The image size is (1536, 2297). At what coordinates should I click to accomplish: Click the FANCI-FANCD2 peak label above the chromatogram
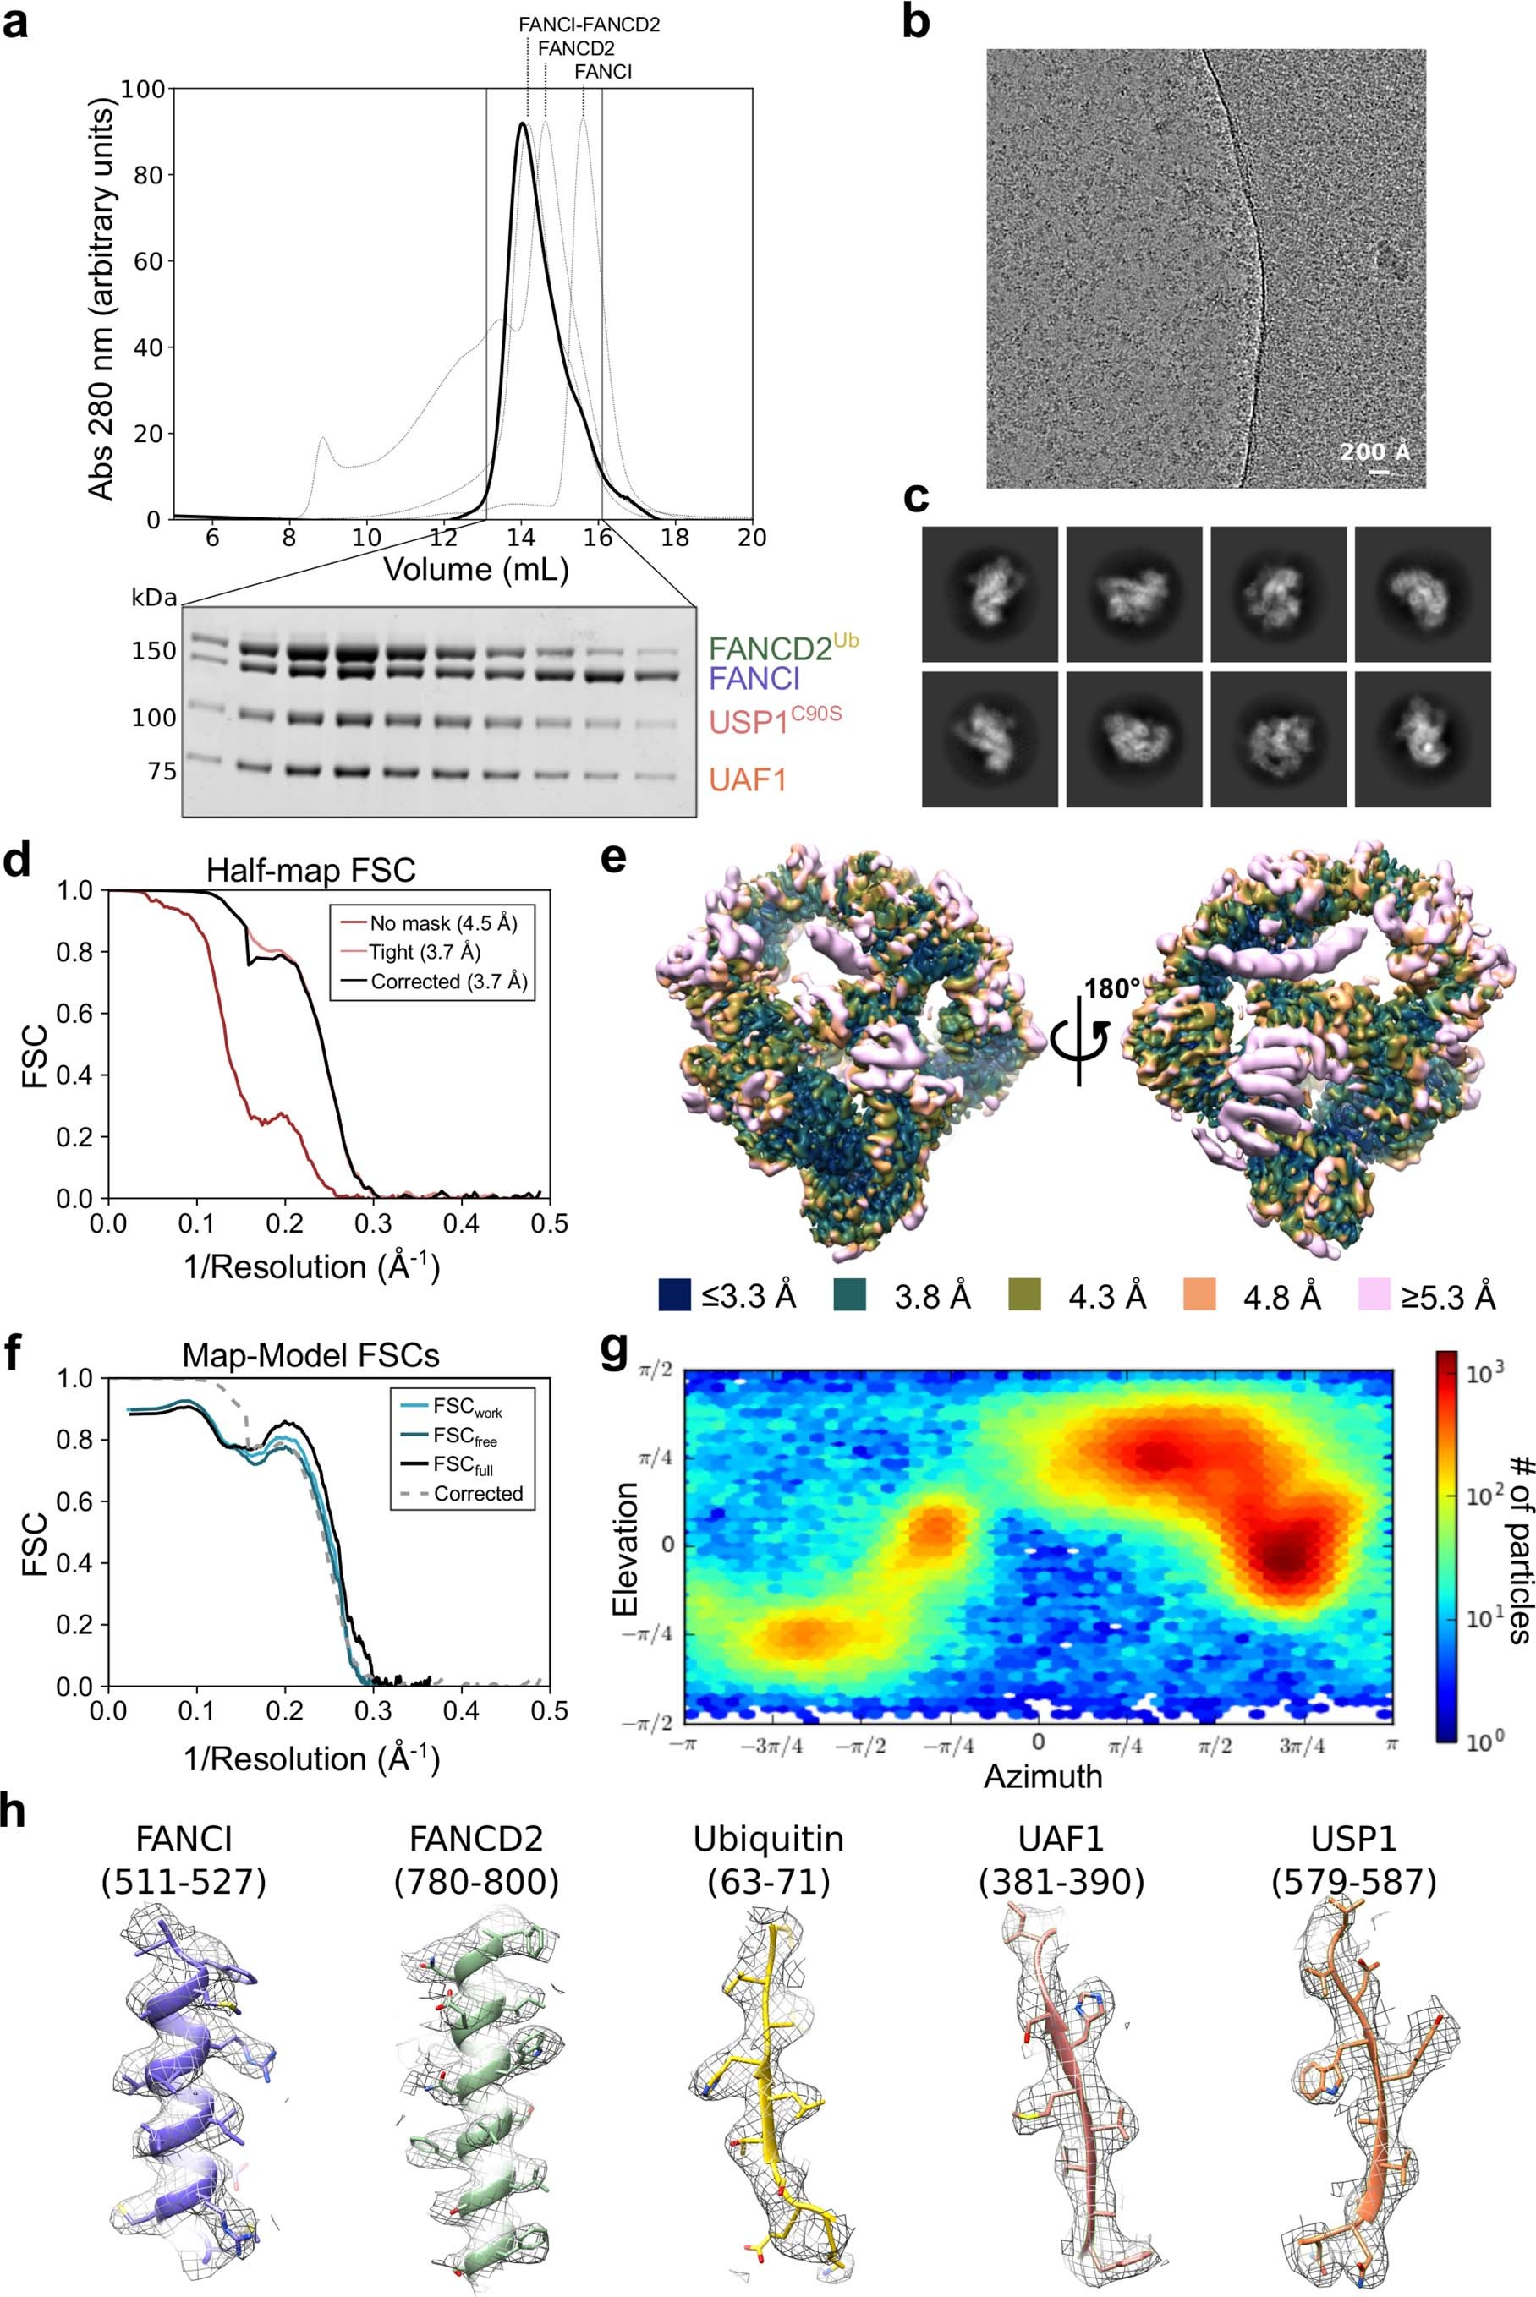pyautogui.click(x=589, y=25)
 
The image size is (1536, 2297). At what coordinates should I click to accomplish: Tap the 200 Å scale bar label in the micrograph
pyautogui.click(x=1375, y=451)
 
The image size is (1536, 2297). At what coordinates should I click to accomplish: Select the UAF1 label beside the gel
pyautogui.click(x=749, y=780)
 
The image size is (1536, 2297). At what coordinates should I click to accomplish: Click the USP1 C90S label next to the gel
pyautogui.click(x=775, y=719)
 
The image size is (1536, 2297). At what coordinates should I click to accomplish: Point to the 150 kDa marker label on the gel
pyautogui.click(x=154, y=651)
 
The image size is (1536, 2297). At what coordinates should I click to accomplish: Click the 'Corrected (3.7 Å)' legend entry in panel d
pyautogui.click(x=448, y=981)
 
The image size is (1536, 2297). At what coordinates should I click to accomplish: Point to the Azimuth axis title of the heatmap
pyautogui.click(x=1042, y=1776)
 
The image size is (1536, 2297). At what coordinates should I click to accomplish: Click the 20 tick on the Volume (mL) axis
pyautogui.click(x=751, y=538)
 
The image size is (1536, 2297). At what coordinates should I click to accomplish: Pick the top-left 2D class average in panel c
pyautogui.click(x=990, y=594)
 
